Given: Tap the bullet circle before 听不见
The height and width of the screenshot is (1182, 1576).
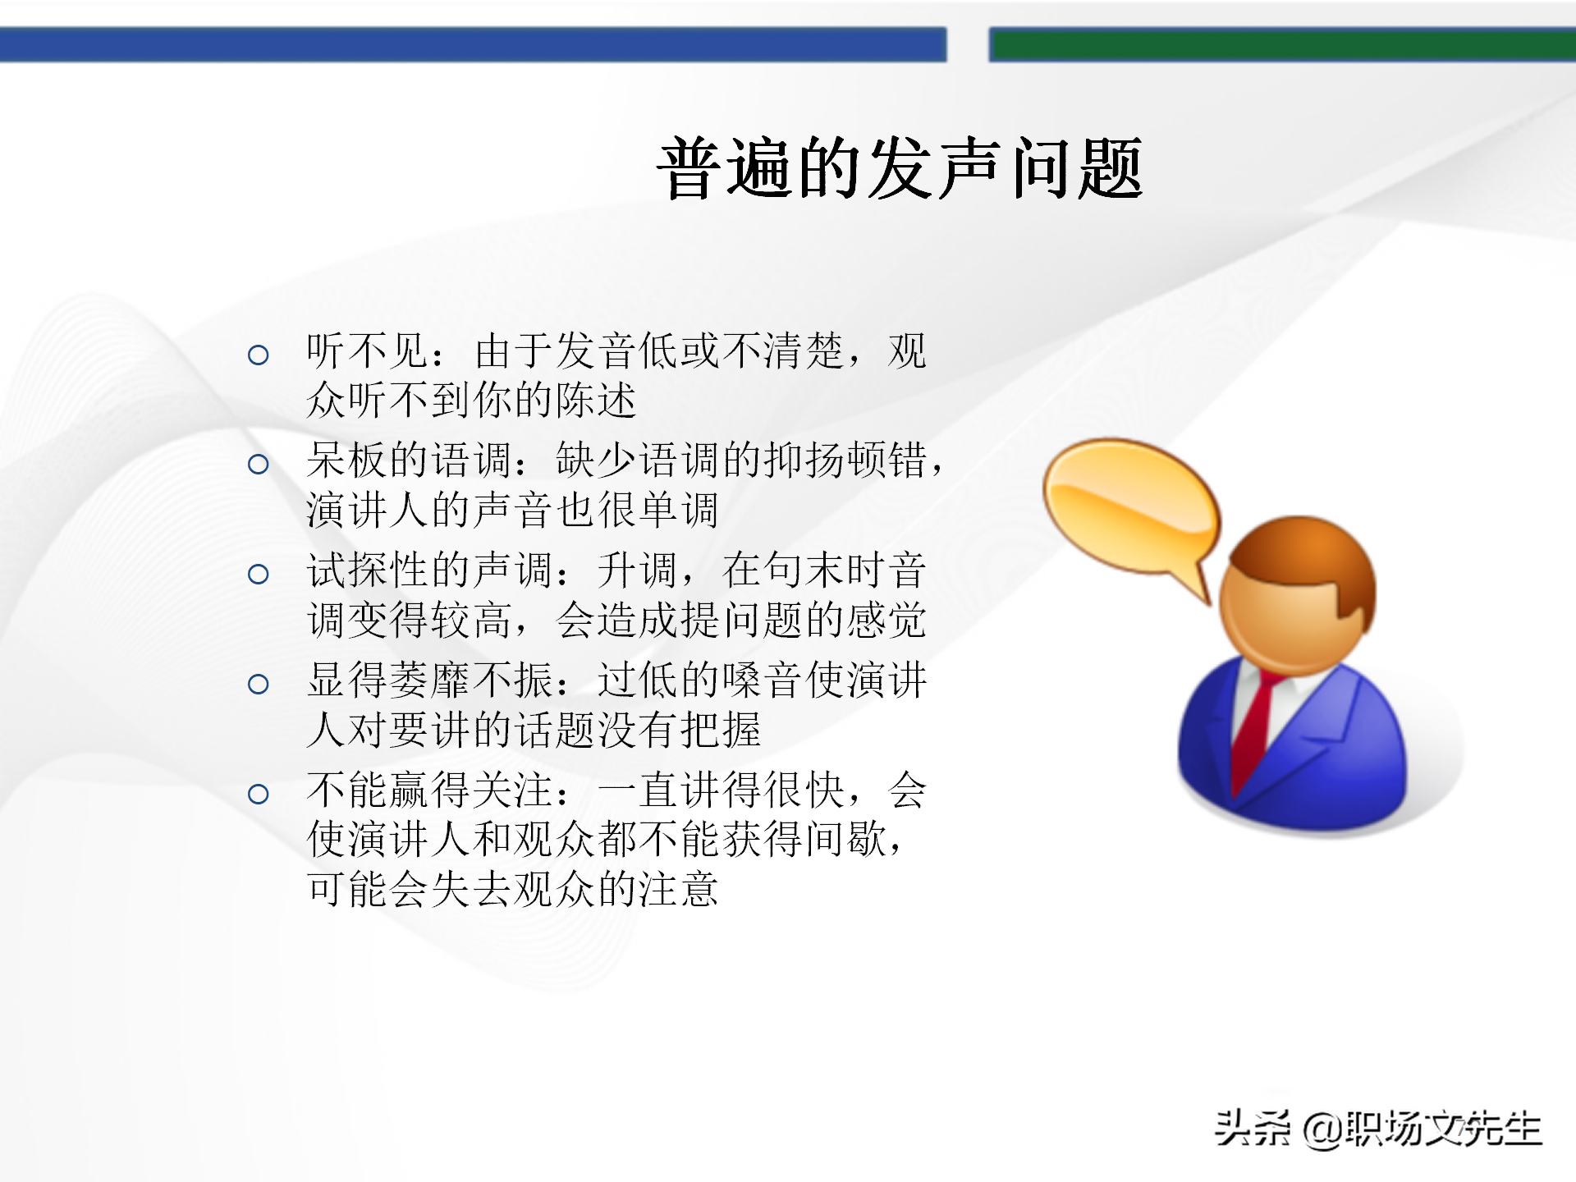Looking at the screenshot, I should [259, 355].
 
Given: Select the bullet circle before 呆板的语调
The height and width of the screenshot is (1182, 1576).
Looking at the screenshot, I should [259, 465].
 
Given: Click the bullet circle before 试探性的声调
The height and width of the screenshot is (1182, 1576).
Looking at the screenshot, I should [259, 574].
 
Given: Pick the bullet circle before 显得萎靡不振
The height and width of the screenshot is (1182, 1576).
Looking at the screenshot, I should [259, 684].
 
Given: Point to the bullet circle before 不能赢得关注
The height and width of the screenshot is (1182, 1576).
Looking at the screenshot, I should [259, 794].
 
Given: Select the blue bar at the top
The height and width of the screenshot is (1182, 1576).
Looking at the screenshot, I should [473, 44].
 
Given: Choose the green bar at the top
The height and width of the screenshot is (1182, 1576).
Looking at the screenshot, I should [1280, 44].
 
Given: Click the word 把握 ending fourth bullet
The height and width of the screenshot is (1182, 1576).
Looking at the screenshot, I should [722, 730].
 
